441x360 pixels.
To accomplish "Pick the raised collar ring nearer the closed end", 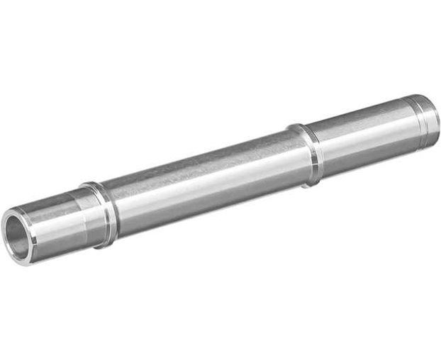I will [308, 155].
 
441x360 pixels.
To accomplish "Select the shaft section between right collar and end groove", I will [365, 135].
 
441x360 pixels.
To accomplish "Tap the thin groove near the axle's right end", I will [418, 120].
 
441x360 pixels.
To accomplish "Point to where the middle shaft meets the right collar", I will [298, 158].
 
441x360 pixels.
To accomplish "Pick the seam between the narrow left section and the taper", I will [70, 217].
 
